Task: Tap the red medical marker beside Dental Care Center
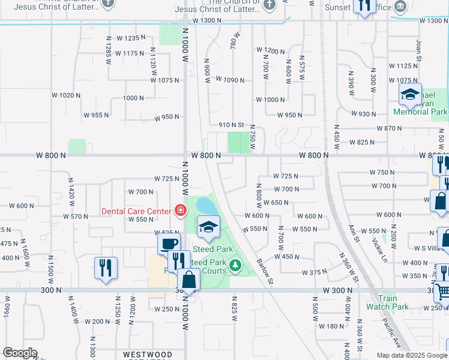[x=179, y=210]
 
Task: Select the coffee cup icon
[x=168, y=244]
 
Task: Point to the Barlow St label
[x=265, y=271]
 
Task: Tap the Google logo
[x=20, y=353]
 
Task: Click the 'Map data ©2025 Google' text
[x=412, y=355]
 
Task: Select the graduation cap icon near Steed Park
[x=208, y=226]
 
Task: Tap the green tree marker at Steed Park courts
[x=236, y=264]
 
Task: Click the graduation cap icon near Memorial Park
[x=411, y=94]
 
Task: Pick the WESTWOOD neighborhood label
[x=147, y=355]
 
